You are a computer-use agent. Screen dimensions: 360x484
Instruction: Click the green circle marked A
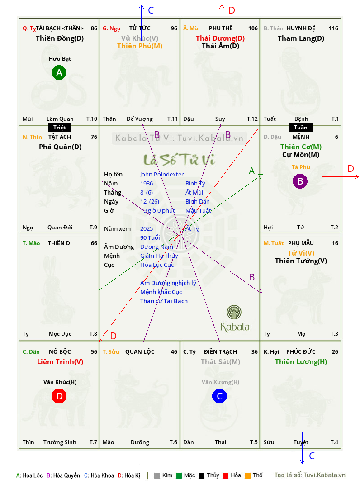(59, 72)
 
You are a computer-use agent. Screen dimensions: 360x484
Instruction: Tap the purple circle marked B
(300, 181)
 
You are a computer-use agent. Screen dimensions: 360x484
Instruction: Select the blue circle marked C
(219, 396)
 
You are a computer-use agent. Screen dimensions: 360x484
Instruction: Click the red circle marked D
(59, 396)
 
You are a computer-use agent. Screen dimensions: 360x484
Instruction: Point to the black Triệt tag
(60, 128)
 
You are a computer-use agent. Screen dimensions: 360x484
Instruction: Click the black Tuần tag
(301, 128)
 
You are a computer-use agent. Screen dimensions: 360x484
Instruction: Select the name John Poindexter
(162, 175)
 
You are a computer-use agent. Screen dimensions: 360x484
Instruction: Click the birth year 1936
(147, 183)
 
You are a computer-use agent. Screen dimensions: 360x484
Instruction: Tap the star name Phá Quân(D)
(60, 147)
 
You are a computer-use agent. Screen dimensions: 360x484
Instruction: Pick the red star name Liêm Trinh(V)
(60, 362)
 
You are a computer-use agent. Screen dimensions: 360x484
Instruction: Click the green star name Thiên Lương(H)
(301, 362)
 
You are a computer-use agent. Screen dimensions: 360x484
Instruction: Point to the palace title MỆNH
(301, 137)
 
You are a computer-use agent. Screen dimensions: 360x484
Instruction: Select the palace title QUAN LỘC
(140, 351)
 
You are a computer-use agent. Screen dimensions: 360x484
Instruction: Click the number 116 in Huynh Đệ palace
(333, 28)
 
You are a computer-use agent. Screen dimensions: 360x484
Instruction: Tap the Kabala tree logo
(234, 312)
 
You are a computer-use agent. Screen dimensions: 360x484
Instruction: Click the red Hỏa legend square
(225, 475)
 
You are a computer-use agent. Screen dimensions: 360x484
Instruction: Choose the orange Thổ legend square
(248, 475)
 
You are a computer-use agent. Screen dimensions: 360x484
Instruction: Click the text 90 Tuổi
(150, 237)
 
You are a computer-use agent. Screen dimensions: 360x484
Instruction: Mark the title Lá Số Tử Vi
(179, 160)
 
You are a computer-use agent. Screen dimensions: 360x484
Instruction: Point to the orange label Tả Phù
(301, 167)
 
